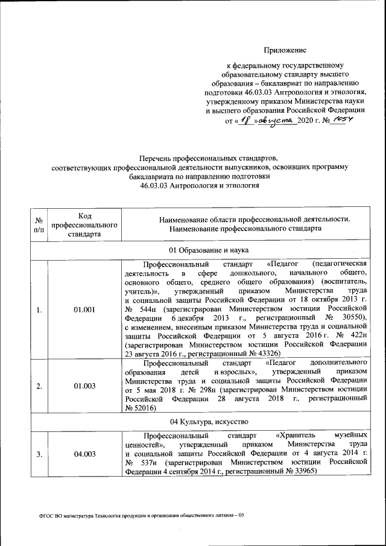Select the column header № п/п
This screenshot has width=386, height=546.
point(39,224)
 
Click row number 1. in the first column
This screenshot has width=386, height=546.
point(39,310)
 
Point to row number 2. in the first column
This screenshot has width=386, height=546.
point(39,386)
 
